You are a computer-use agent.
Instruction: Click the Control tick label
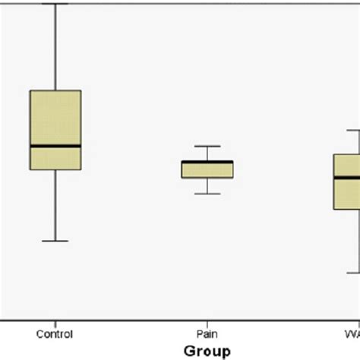pyautogui.click(x=55, y=334)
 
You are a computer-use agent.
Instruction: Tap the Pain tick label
pyautogui.click(x=207, y=334)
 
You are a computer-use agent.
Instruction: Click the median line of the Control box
pyautogui.click(x=55, y=146)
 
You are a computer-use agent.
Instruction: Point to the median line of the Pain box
pyautogui.click(x=207, y=162)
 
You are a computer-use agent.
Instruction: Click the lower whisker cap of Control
pyautogui.click(x=55, y=241)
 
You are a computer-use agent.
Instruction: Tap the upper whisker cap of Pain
pyautogui.click(x=207, y=146)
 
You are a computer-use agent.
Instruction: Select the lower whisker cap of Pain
pyautogui.click(x=207, y=194)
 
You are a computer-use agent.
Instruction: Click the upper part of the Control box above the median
pyautogui.click(x=55, y=118)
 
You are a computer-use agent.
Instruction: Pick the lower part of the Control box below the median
pyautogui.click(x=55, y=158)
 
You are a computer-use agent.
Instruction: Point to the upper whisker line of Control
pyautogui.click(x=55, y=46)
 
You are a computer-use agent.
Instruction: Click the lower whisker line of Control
pyautogui.click(x=55, y=205)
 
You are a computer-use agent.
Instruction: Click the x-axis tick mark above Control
pyautogui.click(x=55, y=323)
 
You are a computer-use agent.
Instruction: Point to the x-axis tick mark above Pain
pyautogui.click(x=207, y=323)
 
